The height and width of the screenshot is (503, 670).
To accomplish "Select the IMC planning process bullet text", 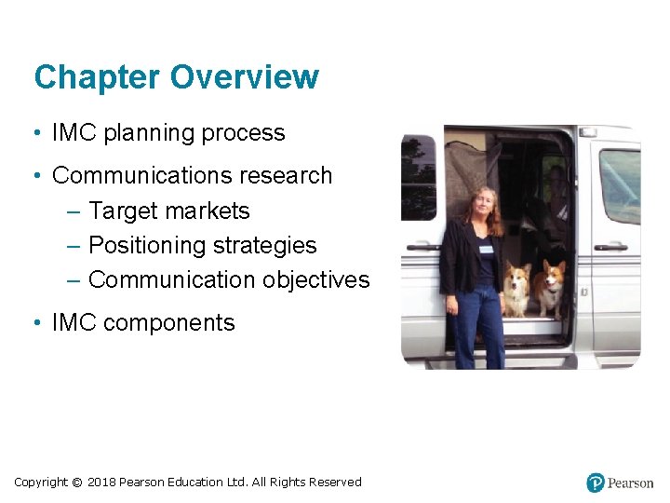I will (168, 133).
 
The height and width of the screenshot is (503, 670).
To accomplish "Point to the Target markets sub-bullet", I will (168, 211).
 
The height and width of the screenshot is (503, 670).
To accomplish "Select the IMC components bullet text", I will (143, 323).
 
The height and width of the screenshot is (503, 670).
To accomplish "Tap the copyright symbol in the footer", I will (77, 483).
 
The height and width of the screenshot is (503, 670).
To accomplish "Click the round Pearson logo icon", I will (596, 483).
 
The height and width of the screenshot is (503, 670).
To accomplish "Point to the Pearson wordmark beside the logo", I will (631, 483).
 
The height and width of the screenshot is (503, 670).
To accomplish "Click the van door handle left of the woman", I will (421, 247).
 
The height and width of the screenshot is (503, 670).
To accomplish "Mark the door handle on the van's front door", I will (610, 247).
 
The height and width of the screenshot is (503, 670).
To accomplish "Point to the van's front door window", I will (618, 186).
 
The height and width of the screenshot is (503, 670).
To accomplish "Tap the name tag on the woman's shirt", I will (486, 250).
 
